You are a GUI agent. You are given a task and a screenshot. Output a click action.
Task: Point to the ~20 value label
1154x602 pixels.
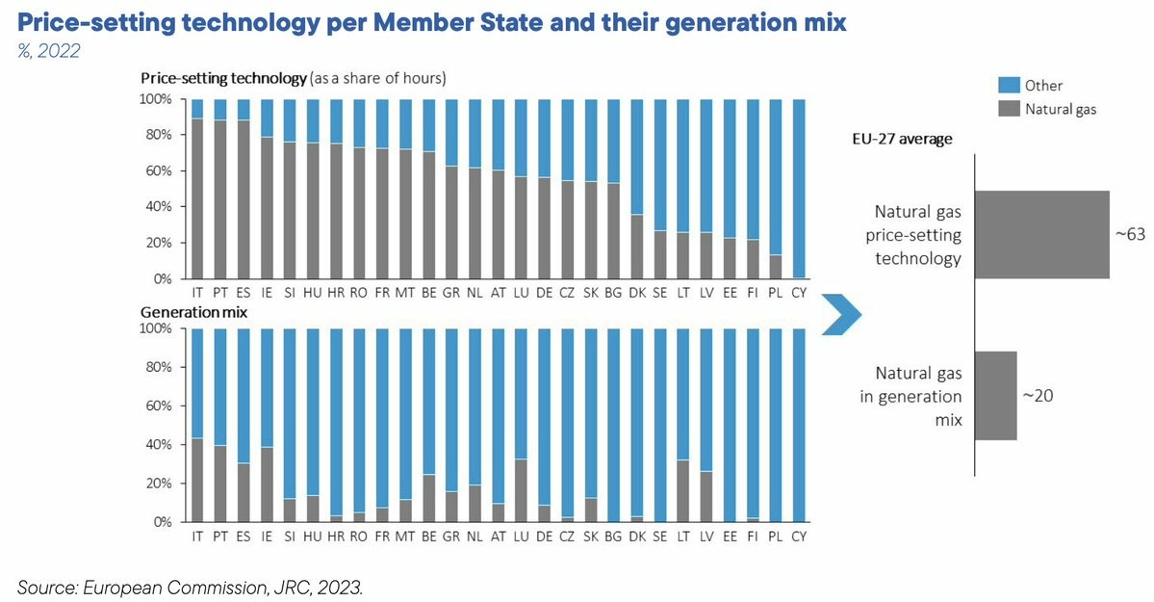[1038, 395]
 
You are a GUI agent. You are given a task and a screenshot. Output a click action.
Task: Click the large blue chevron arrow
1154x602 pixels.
[840, 315]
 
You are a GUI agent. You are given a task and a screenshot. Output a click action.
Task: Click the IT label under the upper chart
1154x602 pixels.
[196, 291]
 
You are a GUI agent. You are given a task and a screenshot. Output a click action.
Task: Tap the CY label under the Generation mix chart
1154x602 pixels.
[798, 535]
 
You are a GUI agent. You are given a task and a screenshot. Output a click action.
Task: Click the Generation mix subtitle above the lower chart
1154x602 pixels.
[194, 313]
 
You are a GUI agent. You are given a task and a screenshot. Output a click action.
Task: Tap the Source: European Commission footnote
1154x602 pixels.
[191, 586]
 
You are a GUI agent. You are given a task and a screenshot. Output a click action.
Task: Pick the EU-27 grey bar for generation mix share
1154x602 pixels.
[996, 396]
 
